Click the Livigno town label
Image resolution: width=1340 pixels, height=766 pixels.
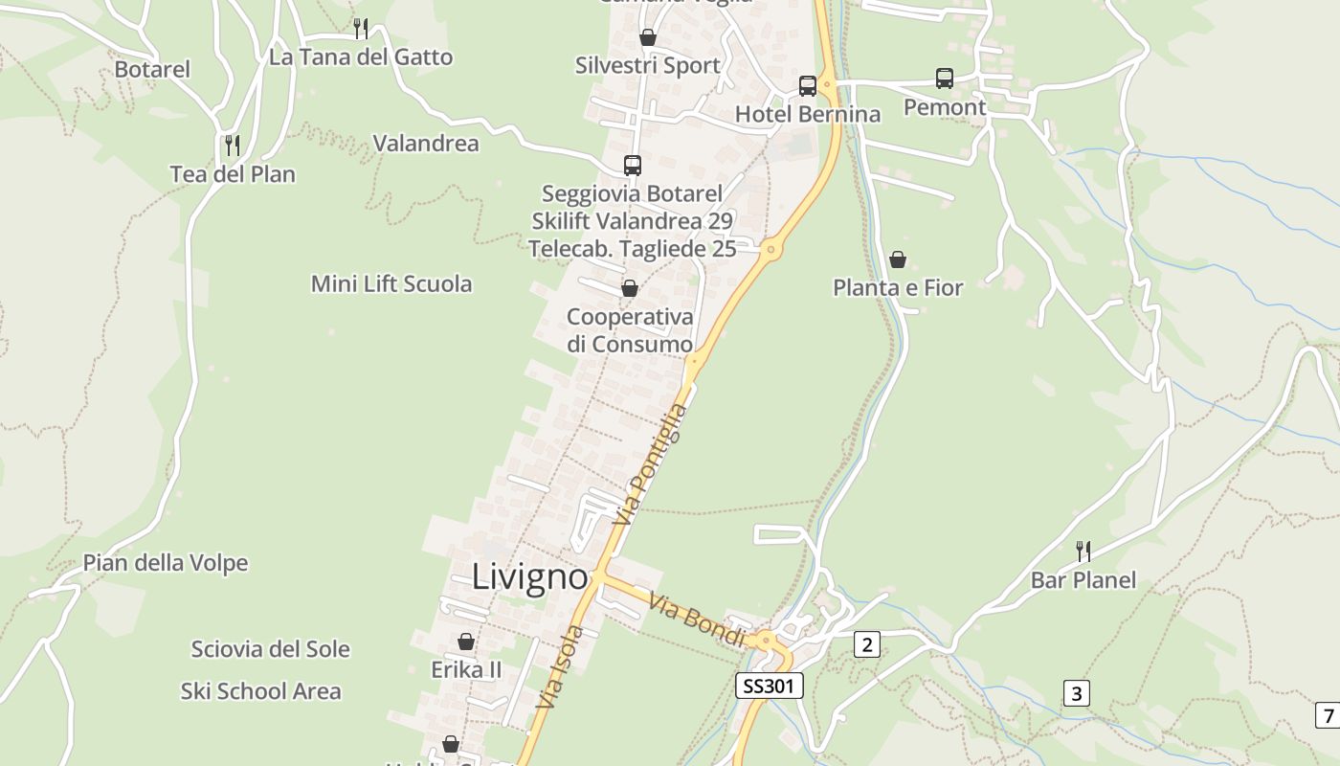click(529, 576)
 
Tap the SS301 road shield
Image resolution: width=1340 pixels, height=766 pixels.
click(769, 686)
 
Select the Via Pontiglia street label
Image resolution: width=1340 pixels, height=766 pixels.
click(651, 463)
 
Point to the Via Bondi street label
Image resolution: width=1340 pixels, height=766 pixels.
click(697, 620)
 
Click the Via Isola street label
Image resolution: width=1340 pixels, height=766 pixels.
click(561, 666)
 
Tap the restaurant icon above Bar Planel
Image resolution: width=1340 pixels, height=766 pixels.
click(1083, 551)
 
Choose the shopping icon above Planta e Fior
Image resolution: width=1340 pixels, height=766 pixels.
click(898, 259)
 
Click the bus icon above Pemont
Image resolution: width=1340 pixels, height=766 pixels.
click(945, 79)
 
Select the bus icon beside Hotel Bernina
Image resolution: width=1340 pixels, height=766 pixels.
click(808, 86)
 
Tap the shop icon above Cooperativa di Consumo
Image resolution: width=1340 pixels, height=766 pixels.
click(630, 287)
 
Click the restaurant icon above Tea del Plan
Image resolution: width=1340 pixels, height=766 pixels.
click(233, 145)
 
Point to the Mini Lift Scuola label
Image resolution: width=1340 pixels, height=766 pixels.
click(391, 283)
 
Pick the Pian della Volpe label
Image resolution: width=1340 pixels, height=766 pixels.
click(166, 563)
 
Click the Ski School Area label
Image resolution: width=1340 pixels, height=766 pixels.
click(260, 691)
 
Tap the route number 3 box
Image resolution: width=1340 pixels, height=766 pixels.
click(1077, 692)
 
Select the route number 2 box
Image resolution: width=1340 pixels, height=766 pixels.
click(866, 644)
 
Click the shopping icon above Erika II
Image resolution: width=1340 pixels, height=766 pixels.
click(466, 641)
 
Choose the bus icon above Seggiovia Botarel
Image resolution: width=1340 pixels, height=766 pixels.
click(632, 165)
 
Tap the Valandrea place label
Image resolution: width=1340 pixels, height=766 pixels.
click(426, 144)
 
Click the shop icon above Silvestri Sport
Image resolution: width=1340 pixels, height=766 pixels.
click(648, 37)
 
